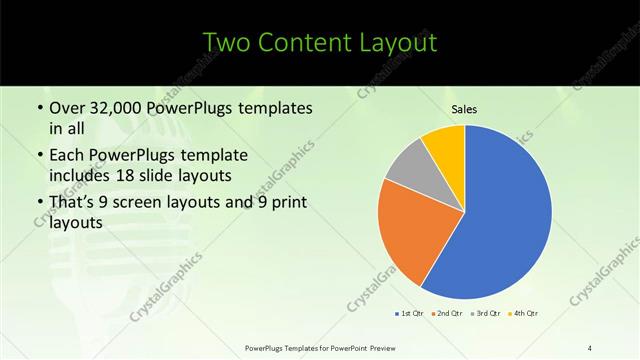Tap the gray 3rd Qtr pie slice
(407, 168)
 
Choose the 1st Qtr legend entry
(409, 314)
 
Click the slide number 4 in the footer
(590, 347)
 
